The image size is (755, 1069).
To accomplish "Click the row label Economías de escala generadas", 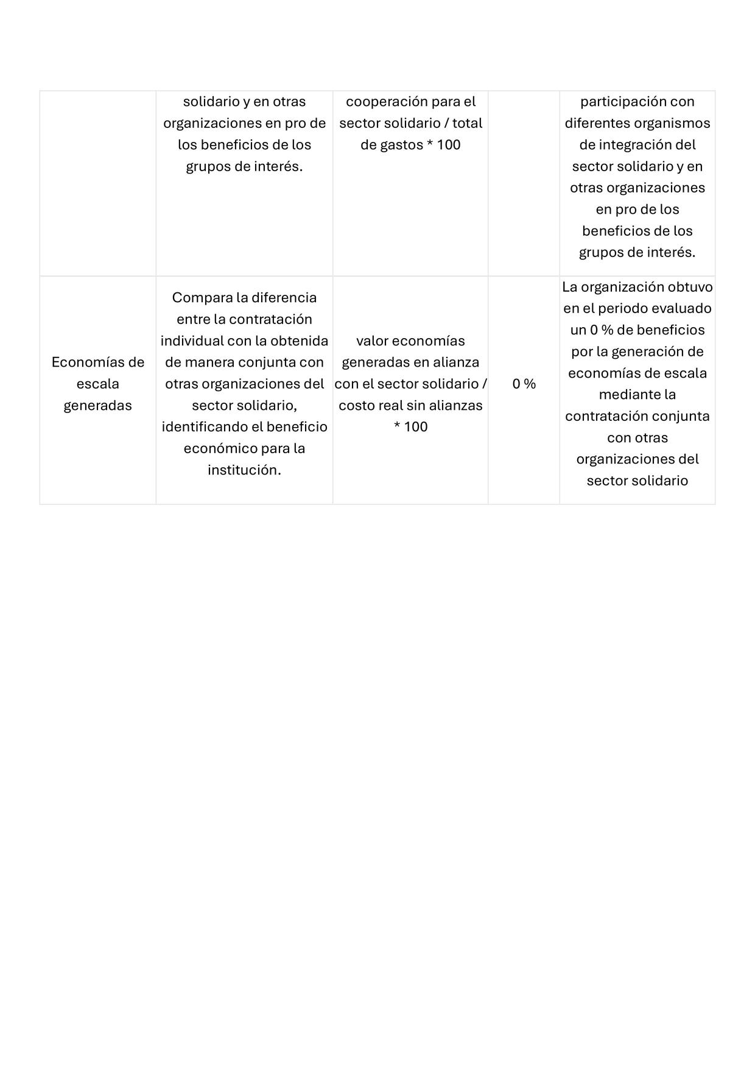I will click(97, 384).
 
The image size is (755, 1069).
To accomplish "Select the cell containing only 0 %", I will click(524, 384).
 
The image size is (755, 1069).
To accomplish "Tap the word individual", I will click(191, 341).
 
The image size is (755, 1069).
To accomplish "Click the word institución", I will click(244, 470).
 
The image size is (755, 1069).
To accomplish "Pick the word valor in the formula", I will click(373, 341).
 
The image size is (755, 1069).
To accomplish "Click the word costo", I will click(356, 406).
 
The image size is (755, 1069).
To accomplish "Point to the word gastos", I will click(401, 145).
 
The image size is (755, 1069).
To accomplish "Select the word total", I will click(467, 123).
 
